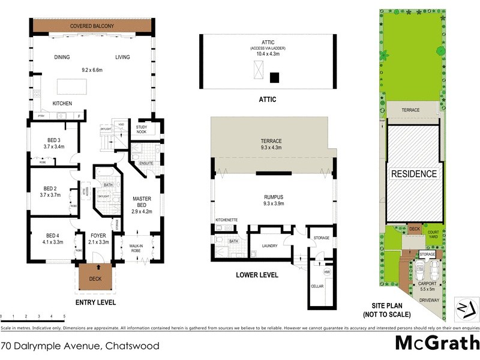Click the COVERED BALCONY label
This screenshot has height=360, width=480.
(92, 26)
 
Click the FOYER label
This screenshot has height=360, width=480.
(99, 235)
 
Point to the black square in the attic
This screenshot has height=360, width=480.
(275, 77)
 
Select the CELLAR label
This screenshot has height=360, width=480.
(317, 286)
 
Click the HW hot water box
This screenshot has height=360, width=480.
(327, 272)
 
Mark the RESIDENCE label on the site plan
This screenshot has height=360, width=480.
(413, 174)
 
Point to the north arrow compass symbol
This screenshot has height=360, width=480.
(465, 308)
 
